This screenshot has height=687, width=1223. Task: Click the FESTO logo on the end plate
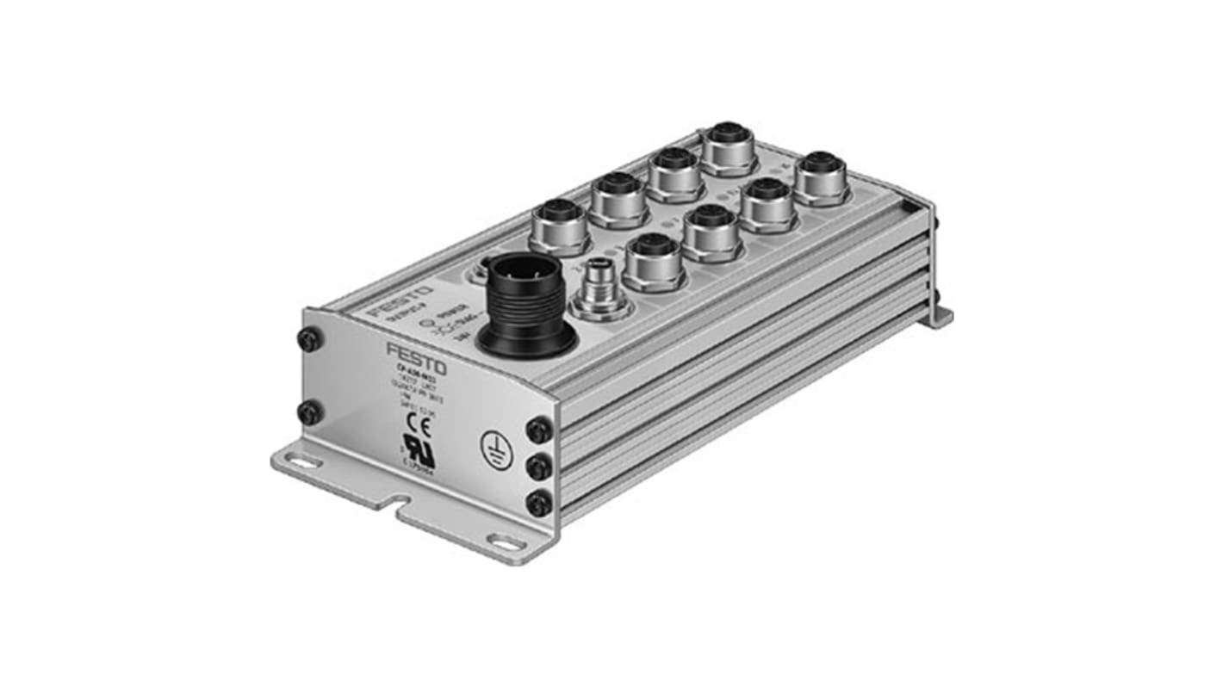pyautogui.click(x=416, y=355)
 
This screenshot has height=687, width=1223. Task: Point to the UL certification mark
pyautogui.click(x=419, y=450)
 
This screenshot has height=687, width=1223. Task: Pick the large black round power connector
pyautogui.click(x=526, y=305)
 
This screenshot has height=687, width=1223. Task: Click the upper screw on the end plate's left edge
pyautogui.click(x=310, y=339)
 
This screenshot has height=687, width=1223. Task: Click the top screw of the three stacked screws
pyautogui.click(x=539, y=429)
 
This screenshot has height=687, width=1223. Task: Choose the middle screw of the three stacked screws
pyautogui.click(x=539, y=467)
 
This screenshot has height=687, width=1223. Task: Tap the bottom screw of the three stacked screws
pyautogui.click(x=539, y=502)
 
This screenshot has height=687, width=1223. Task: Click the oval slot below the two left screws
pyautogui.click(x=304, y=461)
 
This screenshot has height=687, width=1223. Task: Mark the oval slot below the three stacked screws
pyautogui.click(x=505, y=542)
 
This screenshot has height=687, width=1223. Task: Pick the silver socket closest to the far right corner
pyautogui.click(x=822, y=177)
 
